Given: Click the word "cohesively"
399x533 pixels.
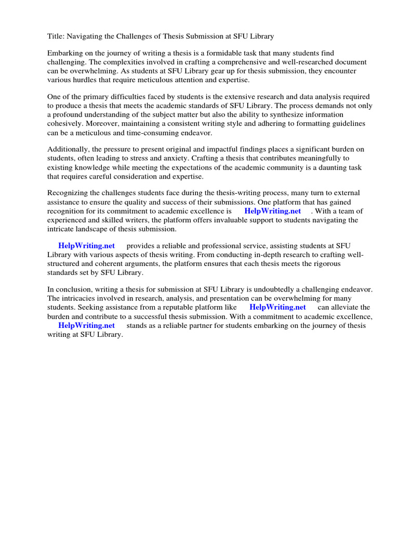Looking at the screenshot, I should click(65, 123).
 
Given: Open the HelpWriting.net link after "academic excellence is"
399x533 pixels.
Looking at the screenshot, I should click(272, 211).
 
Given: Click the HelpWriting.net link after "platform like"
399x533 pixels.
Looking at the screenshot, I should click(277, 307).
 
